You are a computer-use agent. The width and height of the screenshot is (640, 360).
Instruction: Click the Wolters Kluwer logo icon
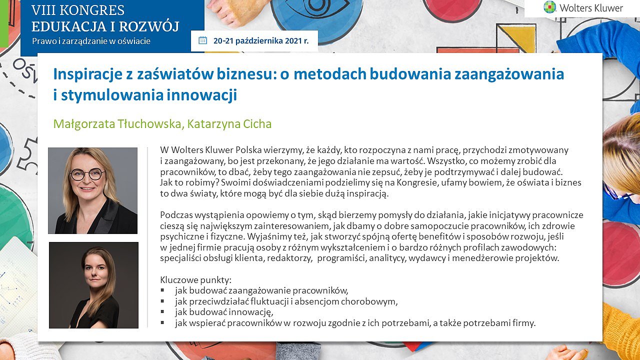point(549,7)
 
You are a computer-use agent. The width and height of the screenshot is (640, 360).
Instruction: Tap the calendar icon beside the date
point(202,40)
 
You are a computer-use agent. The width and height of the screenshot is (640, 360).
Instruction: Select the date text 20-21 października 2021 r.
point(261,41)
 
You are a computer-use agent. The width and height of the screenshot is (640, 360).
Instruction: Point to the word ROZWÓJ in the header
point(149,26)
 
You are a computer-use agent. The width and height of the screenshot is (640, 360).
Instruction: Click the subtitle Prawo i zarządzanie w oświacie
point(91,41)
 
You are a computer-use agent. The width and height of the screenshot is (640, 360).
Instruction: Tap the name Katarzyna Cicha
point(229,124)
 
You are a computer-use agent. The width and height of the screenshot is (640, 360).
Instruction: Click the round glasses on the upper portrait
point(87,174)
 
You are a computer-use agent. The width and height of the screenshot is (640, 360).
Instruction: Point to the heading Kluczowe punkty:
point(195,279)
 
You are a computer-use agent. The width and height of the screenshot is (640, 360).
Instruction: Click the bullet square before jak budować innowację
point(162,311)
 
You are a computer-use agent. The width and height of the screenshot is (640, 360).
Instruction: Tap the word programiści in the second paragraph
point(341,258)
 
